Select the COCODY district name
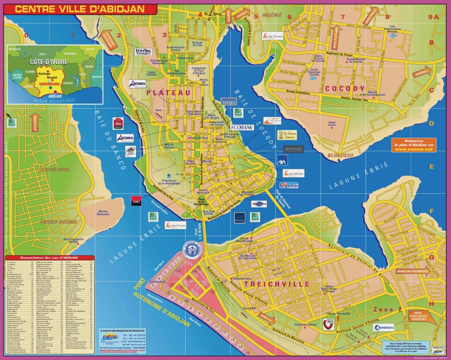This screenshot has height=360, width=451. tap(345, 88)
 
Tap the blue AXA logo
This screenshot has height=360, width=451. tap(282, 160)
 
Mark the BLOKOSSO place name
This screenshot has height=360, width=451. tap(340, 155)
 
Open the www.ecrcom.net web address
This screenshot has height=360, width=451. tap(414, 149)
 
